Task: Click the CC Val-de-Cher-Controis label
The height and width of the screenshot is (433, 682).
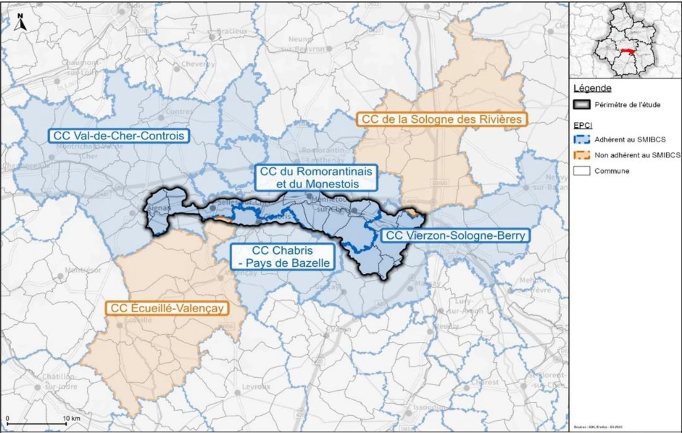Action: pos(119,136)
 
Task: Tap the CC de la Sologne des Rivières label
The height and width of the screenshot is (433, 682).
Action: pos(441,119)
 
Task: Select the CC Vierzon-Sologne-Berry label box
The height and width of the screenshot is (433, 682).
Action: pos(455,235)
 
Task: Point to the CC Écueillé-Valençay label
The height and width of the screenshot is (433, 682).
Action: pos(167,309)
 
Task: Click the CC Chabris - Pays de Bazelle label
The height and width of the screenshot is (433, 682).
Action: pos(282,257)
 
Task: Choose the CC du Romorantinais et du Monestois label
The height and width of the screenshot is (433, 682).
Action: pos(316,178)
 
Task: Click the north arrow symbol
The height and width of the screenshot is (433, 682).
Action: pos(21,23)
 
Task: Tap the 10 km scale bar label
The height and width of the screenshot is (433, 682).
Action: pos(72,418)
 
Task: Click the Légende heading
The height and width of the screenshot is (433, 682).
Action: pos(592,88)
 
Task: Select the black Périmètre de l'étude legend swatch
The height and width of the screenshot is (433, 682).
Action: pos(581,105)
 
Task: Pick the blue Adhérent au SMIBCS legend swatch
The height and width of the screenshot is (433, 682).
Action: pos(581,139)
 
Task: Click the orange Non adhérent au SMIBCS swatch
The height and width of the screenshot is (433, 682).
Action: pos(581,155)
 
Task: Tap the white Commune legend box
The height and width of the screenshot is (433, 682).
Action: pos(581,171)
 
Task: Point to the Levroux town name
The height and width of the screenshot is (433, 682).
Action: pos(256,387)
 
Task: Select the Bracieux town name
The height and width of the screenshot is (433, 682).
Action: pos(232,31)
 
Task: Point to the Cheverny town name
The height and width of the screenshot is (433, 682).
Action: pos(198,64)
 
